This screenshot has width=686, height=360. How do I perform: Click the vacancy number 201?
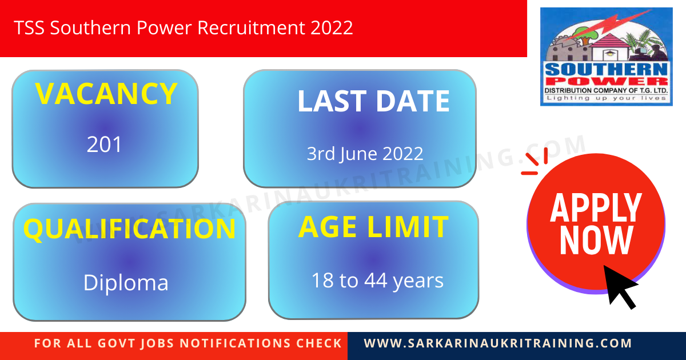coord(105,145)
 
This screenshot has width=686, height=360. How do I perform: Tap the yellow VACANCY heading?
coord(106,94)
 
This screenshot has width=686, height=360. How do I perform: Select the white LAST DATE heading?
coord(373,101)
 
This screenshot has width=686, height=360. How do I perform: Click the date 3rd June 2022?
coord(365,154)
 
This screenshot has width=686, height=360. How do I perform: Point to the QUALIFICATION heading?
coord(129,229)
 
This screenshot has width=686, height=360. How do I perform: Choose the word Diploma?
coord(126,283)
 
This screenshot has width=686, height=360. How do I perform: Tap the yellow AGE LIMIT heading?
coord(373,227)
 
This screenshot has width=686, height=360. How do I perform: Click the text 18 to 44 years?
coord(377,281)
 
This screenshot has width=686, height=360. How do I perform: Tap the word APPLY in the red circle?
coord(596,207)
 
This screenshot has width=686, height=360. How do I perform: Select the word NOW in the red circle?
coord(596,240)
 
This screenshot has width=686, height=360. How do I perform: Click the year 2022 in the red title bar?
coord(332,27)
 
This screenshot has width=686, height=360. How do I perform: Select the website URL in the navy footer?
coord(498,343)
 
